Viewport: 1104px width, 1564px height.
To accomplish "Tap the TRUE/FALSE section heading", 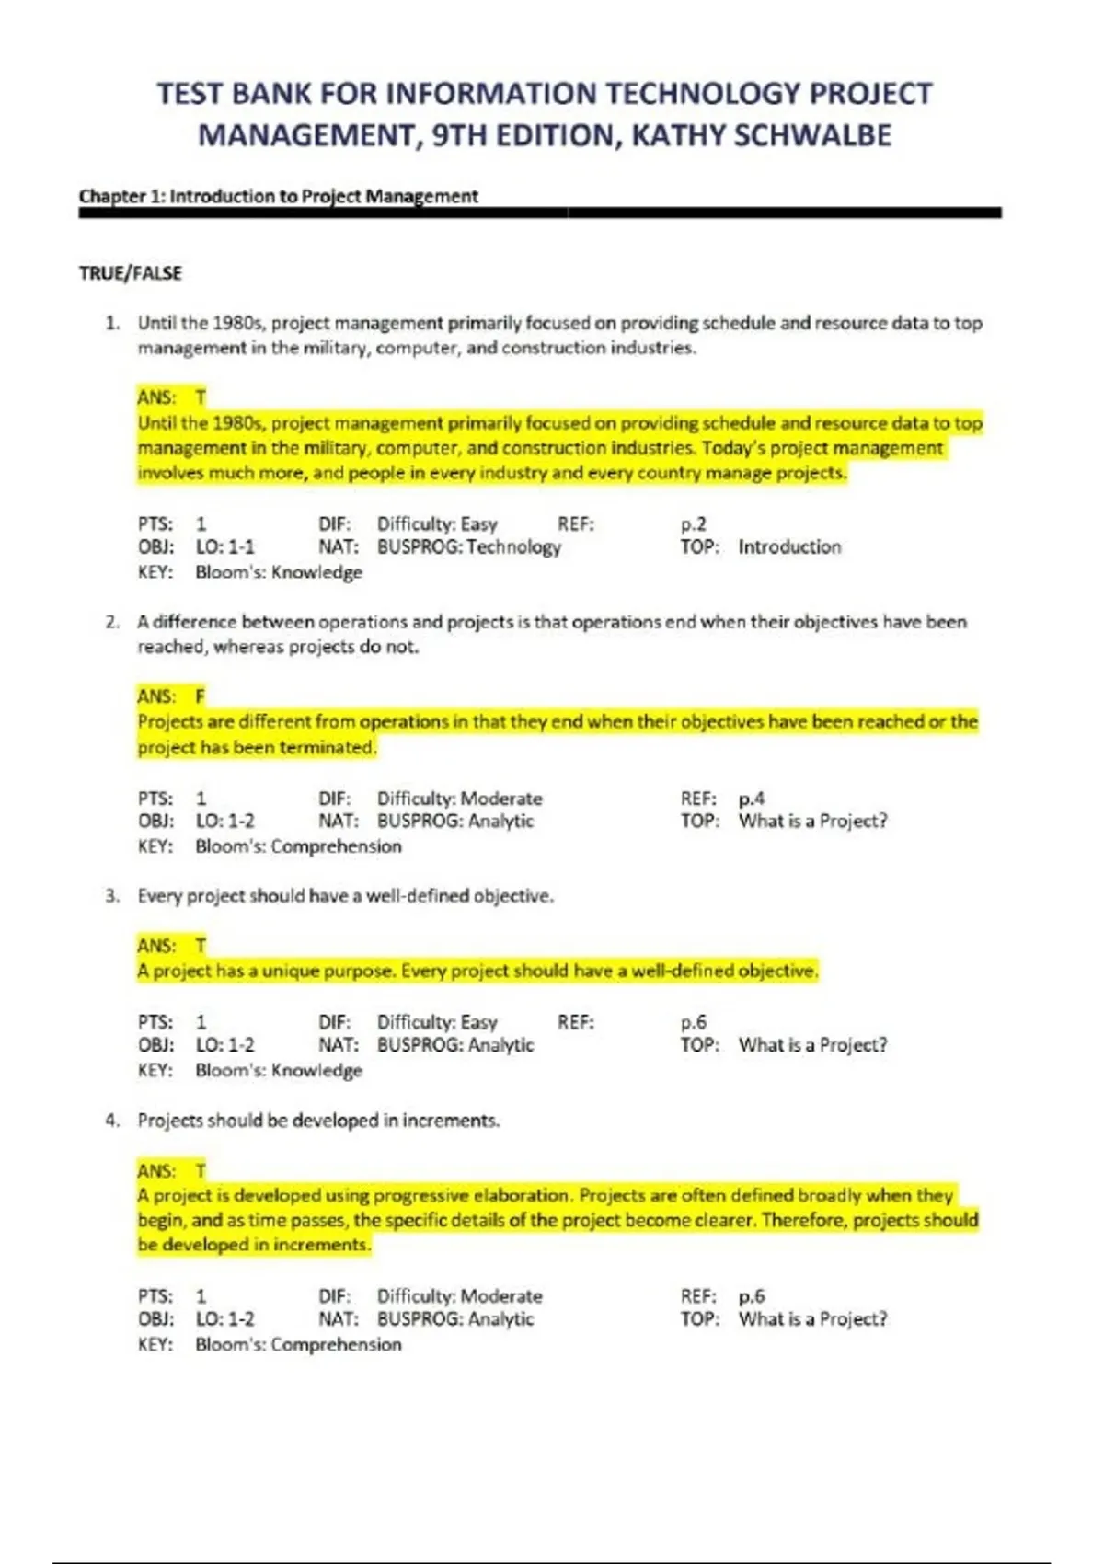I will (131, 273).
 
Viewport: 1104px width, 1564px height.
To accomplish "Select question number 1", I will (112, 323).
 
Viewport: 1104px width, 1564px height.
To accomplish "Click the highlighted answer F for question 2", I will (200, 696).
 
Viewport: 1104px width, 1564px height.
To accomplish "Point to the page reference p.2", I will (694, 524).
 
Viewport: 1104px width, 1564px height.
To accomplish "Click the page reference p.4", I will (751, 799).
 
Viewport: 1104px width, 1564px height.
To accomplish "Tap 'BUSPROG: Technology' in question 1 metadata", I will (468, 547).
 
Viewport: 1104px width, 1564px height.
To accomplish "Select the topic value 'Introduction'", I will (789, 547).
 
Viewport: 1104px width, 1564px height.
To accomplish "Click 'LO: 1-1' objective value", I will (224, 547).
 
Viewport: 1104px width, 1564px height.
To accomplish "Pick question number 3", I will (112, 896).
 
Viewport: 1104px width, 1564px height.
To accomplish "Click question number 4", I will (112, 1121).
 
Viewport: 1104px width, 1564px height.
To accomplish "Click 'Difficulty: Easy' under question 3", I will (437, 1022).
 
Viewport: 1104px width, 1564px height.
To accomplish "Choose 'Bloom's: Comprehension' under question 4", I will (298, 1344).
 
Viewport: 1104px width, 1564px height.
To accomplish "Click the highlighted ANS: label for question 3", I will (155, 946).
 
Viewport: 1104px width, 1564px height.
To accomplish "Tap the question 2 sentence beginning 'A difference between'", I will (552, 622).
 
